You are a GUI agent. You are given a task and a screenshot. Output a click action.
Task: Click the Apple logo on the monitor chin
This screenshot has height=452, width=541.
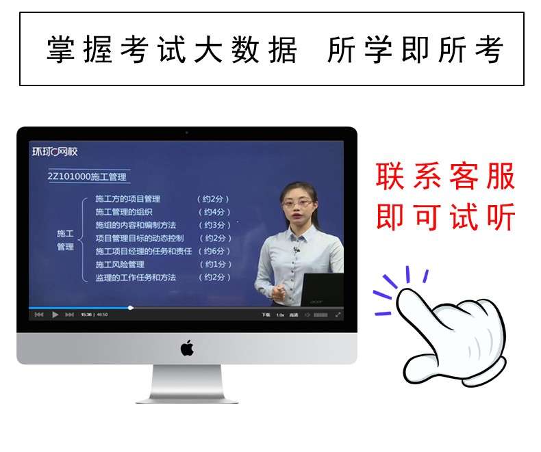tap(187, 348)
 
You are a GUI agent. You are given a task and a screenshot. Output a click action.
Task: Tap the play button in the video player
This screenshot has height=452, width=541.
tap(55, 315)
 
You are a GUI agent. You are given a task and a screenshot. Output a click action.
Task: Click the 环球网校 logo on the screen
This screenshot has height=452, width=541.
tap(55, 151)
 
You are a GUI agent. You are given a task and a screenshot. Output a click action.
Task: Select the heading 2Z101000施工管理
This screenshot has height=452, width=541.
tap(87, 176)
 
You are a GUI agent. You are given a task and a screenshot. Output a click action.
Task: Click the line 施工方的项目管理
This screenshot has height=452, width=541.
tap(128, 199)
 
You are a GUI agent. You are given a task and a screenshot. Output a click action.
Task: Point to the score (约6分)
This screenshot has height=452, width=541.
tap(216, 251)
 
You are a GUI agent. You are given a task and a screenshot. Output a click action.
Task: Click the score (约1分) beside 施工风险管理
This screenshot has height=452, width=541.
tap(214, 264)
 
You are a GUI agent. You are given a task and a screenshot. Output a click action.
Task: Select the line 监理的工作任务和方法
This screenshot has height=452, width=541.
tap(136, 277)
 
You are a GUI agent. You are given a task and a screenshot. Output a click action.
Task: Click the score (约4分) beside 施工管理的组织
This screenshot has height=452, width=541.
tap(214, 212)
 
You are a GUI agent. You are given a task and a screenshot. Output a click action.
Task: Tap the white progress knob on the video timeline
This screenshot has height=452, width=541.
tap(131, 308)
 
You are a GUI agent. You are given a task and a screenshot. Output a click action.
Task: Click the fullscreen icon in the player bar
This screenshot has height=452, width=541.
tap(338, 315)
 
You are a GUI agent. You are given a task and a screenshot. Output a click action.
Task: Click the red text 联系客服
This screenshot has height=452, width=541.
tap(445, 177)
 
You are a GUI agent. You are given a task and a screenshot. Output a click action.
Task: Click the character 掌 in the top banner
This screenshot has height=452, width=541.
tap(60, 49)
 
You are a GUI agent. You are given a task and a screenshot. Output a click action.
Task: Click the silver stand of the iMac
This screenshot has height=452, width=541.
tap(187, 384)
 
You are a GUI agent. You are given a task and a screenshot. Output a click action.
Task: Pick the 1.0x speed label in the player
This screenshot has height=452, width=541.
tap(279, 315)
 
